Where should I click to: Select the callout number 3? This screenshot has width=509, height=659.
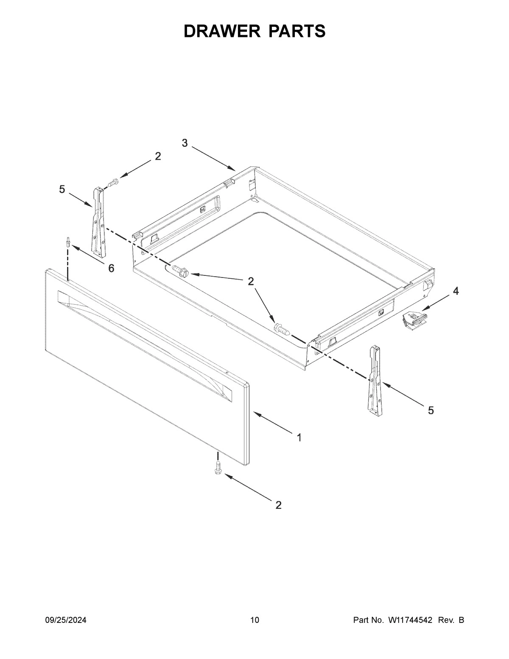click(x=185, y=143)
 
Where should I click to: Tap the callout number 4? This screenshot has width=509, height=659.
click(x=455, y=291)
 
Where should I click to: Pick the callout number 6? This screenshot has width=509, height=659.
click(x=111, y=268)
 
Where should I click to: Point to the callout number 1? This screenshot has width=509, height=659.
click(x=299, y=437)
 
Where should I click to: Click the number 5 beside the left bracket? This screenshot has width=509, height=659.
click(x=62, y=189)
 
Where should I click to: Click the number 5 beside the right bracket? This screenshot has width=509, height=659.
click(x=431, y=410)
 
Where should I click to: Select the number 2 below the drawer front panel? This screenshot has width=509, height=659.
click(x=278, y=505)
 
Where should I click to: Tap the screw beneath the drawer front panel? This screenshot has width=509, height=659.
click(x=218, y=469)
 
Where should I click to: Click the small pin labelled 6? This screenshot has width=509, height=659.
click(x=67, y=242)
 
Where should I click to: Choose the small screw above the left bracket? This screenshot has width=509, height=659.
click(x=112, y=183)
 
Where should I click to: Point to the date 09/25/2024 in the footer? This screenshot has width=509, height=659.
click(x=66, y=620)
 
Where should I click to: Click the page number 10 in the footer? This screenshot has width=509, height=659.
click(x=255, y=620)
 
